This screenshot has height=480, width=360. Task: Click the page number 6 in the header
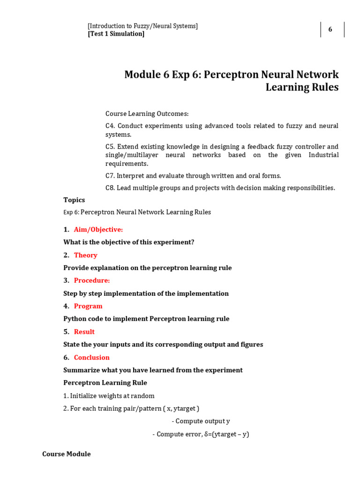pos(330,30)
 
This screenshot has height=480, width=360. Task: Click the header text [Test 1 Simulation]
pos(116,34)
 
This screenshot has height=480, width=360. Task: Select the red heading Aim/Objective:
pos(98,229)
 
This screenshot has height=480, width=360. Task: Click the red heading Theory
pos(86,255)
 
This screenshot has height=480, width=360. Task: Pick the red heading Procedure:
pos(92,280)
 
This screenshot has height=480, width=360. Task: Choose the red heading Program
pos(88,306)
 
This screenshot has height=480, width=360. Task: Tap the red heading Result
pos(84,331)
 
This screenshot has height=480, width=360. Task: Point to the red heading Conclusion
pos(92,357)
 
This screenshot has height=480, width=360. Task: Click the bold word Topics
pos(74,200)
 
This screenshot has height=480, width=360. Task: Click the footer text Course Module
pos(67,454)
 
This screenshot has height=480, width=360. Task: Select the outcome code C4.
pos(110,126)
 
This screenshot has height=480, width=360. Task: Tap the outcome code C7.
pos(110,176)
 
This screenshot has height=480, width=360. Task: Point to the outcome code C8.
pos(110,188)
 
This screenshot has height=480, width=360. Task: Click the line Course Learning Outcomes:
pos(147,113)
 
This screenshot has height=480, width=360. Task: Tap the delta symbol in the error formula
pos(206,434)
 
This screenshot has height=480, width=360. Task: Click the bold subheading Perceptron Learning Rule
pos(105,382)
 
